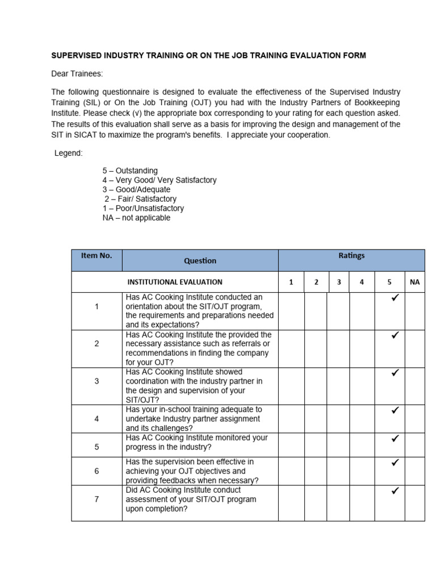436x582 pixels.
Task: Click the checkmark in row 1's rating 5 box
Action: click(x=395, y=298)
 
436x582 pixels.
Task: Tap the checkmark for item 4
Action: click(x=395, y=410)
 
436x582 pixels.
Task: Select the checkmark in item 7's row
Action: click(x=395, y=490)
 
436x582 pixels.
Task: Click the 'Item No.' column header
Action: click(x=97, y=256)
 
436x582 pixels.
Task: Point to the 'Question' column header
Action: click(x=200, y=261)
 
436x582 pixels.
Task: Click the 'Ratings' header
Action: click(x=351, y=256)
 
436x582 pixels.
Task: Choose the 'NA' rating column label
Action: click(x=414, y=282)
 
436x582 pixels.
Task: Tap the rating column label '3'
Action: click(x=338, y=282)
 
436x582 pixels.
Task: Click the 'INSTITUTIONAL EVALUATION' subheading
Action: click(x=175, y=282)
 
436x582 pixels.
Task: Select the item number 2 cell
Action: click(x=97, y=344)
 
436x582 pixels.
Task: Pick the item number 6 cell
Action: click(x=97, y=471)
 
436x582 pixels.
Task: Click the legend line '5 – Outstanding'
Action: click(x=130, y=171)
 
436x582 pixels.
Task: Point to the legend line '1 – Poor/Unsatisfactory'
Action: click(x=143, y=208)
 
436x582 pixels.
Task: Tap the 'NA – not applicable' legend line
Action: click(x=136, y=218)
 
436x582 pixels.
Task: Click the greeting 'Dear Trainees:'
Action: click(x=78, y=74)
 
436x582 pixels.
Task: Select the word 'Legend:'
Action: click(x=69, y=153)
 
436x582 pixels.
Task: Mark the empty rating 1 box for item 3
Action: click(x=291, y=386)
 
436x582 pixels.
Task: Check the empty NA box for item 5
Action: click(x=414, y=443)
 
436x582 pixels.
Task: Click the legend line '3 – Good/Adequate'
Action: click(x=136, y=189)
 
